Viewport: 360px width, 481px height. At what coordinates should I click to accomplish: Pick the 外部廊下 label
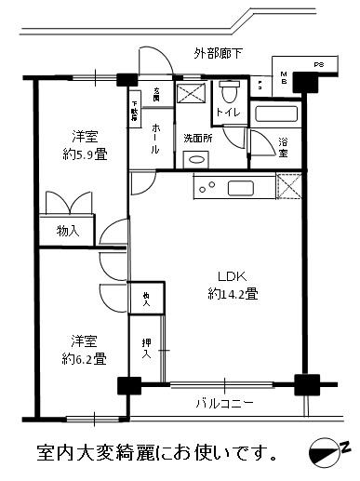pos(219,53)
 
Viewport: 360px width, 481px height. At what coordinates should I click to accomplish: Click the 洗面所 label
pos(198,138)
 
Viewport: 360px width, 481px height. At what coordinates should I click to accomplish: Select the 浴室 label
pos(283,148)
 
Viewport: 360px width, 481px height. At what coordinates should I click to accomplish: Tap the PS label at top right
pos(318,65)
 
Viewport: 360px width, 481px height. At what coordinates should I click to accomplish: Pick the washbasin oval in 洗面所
pos(196,158)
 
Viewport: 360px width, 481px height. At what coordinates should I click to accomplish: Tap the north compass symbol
pos(327,451)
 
